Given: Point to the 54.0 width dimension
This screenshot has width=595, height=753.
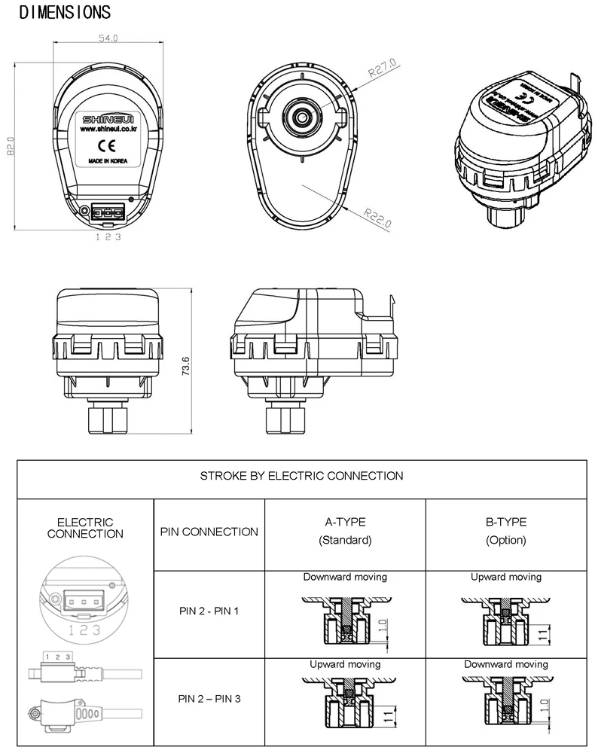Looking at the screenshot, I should (108, 38).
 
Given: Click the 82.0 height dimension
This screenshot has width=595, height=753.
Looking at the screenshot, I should (11, 146).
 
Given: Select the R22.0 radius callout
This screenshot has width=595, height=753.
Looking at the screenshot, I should (377, 218).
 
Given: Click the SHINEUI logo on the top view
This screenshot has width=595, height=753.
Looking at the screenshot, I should (108, 119).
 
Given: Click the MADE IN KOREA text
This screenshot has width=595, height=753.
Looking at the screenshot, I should (108, 161).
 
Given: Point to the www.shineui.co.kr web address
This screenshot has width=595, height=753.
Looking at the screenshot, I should (108, 130).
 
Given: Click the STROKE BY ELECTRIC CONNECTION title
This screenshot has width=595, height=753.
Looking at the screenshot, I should (301, 476).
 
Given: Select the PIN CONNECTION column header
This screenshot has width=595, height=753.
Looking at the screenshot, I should (209, 532).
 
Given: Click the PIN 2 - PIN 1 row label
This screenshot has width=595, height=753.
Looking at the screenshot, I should (209, 611).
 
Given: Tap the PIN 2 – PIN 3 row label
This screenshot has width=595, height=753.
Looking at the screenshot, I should (209, 699).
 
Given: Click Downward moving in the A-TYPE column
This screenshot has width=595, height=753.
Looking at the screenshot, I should (345, 577).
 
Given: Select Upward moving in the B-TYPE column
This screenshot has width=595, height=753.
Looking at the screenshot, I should (506, 577).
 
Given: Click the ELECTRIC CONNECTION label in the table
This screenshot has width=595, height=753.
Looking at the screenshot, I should (85, 528).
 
